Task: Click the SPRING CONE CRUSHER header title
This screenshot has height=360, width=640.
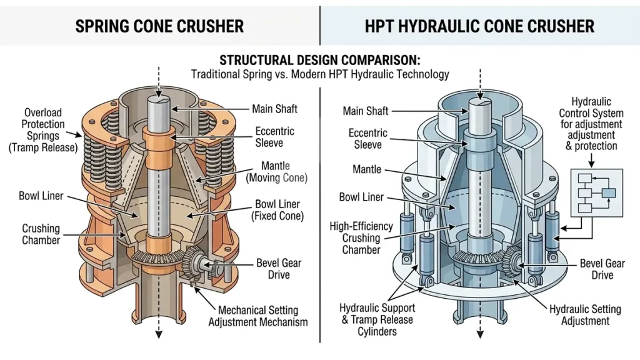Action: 159,26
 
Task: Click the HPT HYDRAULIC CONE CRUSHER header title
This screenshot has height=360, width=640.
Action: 480,26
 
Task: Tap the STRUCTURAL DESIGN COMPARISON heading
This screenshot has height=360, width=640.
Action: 319,61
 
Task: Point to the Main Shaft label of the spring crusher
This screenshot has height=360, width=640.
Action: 274,109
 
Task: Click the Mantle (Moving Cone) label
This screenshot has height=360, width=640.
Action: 276,172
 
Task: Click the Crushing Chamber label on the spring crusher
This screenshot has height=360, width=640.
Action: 41,234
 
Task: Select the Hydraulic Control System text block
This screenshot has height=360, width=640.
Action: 591,124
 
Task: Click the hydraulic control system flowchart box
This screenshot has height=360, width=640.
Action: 596,192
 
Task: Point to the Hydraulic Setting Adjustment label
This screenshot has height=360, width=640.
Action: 585,315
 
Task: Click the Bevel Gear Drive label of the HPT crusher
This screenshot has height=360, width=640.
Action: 602,269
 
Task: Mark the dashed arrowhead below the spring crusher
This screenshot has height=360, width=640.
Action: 159,334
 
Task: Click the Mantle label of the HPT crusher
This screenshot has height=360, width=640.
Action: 367,169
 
